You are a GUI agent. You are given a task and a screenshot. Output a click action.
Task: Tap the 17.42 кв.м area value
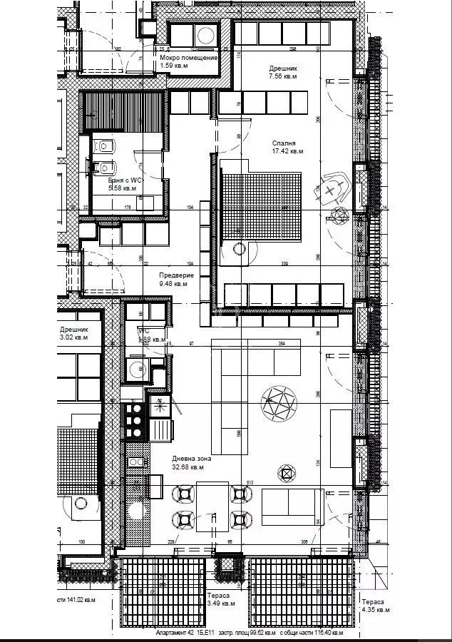point(288,151)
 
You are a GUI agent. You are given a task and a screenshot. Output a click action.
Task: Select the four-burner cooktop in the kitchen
point(134,422)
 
